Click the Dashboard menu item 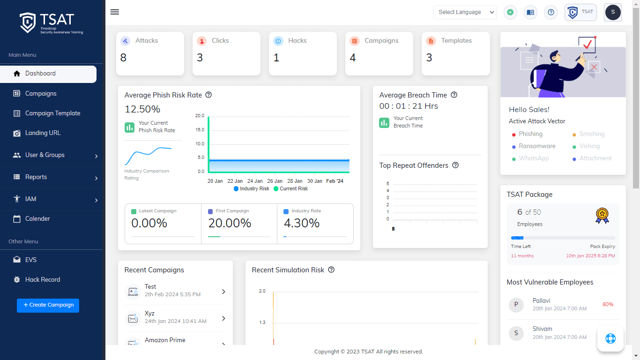(x=40, y=74)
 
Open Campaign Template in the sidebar (x=52, y=113)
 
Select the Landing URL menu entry (x=43, y=133)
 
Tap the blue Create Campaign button (x=48, y=305)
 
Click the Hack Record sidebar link (x=43, y=280)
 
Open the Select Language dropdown (x=464, y=12)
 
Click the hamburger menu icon (x=115, y=12)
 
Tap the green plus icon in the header (x=510, y=13)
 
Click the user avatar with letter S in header (x=613, y=12)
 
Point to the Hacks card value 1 (x=276, y=58)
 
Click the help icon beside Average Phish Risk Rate (x=209, y=95)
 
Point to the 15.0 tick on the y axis (x=200, y=130)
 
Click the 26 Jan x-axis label (x=275, y=181)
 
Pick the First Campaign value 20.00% (x=230, y=224)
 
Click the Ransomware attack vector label (x=537, y=146)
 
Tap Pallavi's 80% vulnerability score (x=608, y=305)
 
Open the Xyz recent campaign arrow (x=223, y=318)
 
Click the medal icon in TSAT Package (x=602, y=215)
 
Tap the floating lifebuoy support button (x=610, y=338)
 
